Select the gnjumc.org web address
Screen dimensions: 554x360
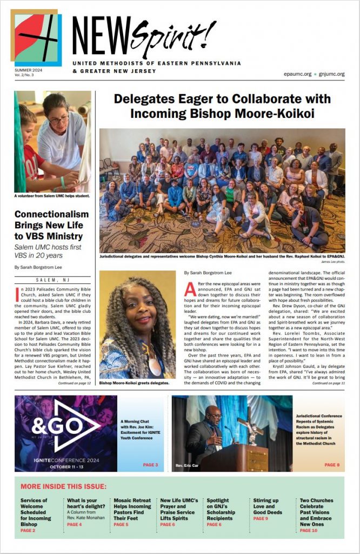[x=331, y=74]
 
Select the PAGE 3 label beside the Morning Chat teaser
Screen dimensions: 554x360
[x=150, y=465]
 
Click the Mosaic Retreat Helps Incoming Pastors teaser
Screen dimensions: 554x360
[x=132, y=512]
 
